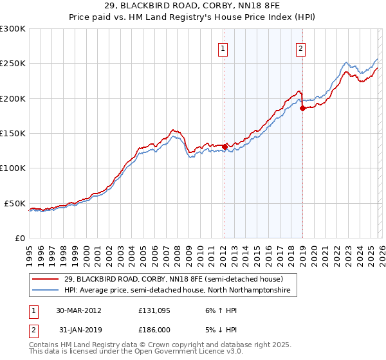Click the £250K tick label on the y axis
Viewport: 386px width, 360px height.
click(x=13, y=64)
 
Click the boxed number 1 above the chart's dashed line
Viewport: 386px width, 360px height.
click(x=223, y=48)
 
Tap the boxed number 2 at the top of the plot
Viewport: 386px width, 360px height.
click(x=300, y=48)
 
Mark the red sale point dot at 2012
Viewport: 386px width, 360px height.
click(x=225, y=147)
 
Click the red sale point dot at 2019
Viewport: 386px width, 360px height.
click(x=302, y=109)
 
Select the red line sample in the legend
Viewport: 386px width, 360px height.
click(x=46, y=280)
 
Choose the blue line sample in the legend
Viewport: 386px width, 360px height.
click(x=46, y=291)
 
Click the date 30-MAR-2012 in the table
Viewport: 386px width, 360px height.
click(x=78, y=310)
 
